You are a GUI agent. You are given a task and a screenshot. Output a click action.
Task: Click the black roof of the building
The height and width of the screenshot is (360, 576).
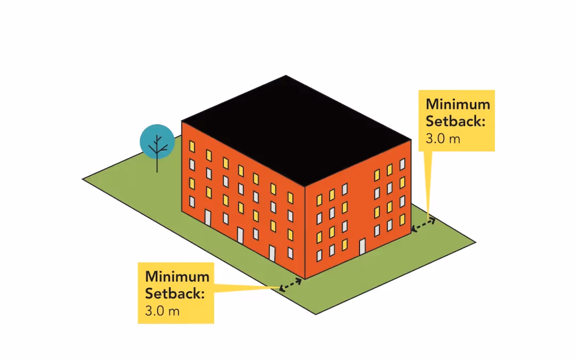(x=296, y=131)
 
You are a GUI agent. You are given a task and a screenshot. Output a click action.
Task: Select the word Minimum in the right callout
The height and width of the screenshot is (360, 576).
(x=458, y=104)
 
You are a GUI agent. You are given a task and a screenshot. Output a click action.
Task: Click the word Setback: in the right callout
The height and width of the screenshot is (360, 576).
(x=455, y=121)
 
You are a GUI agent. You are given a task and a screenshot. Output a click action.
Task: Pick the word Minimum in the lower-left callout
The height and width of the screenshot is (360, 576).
(x=177, y=277)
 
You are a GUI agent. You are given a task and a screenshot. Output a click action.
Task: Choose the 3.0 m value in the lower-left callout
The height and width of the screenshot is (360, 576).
(x=162, y=311)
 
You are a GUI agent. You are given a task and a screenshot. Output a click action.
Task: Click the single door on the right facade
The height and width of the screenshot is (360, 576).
(x=363, y=246)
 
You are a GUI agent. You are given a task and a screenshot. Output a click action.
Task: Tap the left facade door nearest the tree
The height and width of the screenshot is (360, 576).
(x=208, y=218)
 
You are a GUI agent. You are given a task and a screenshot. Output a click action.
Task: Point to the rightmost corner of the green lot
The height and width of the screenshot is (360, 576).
(x=475, y=243)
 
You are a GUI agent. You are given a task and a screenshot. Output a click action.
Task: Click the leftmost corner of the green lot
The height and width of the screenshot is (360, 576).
(x=83, y=179)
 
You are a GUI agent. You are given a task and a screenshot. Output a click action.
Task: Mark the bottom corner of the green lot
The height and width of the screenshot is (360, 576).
(x=316, y=314)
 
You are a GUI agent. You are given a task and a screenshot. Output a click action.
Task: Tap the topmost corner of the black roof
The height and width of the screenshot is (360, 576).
(x=286, y=76)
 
